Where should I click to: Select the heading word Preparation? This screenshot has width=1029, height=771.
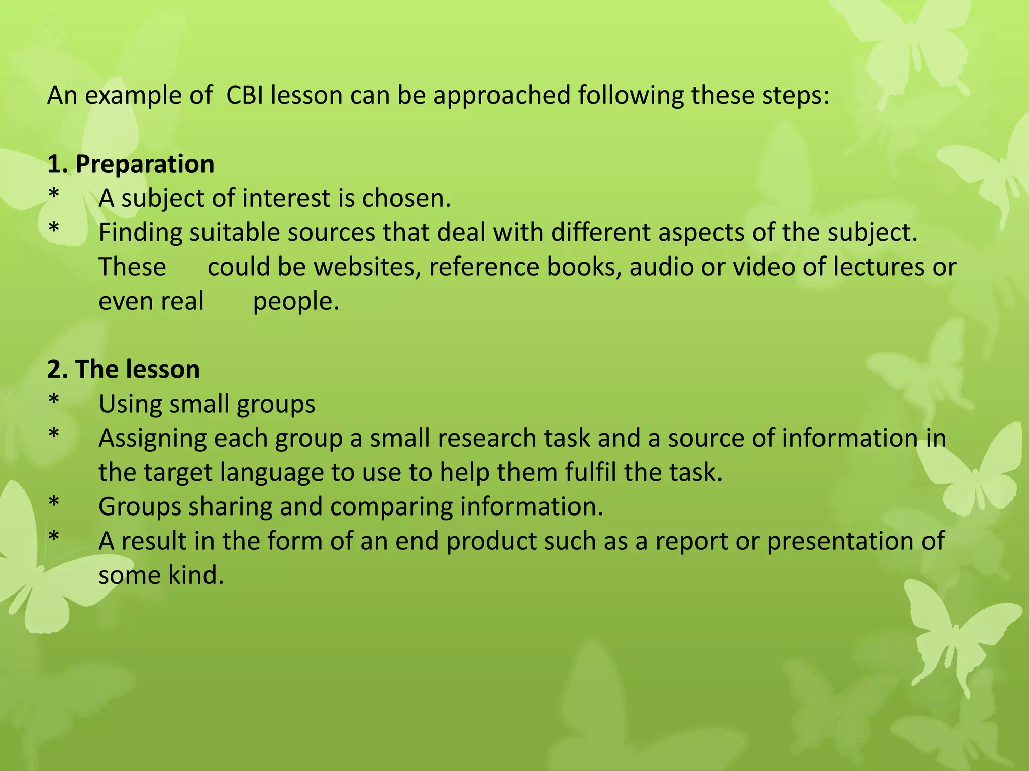point(145,164)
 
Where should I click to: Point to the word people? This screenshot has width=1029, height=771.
point(296,301)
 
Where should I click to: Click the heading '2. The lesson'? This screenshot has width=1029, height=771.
point(124,369)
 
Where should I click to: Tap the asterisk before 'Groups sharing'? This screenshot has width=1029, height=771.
point(54,503)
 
